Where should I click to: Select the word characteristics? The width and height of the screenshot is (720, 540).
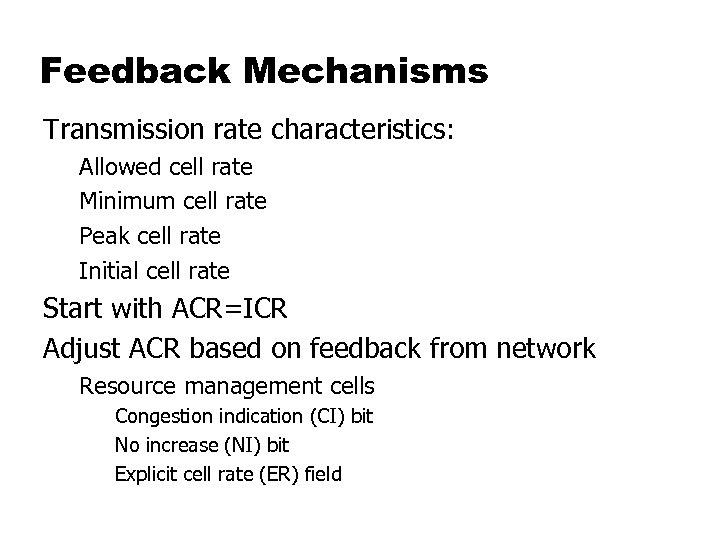point(364,131)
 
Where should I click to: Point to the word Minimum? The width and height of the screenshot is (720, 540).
point(128,201)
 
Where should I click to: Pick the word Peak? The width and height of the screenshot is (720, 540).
point(101,236)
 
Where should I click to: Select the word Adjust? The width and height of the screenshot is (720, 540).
point(82,349)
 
